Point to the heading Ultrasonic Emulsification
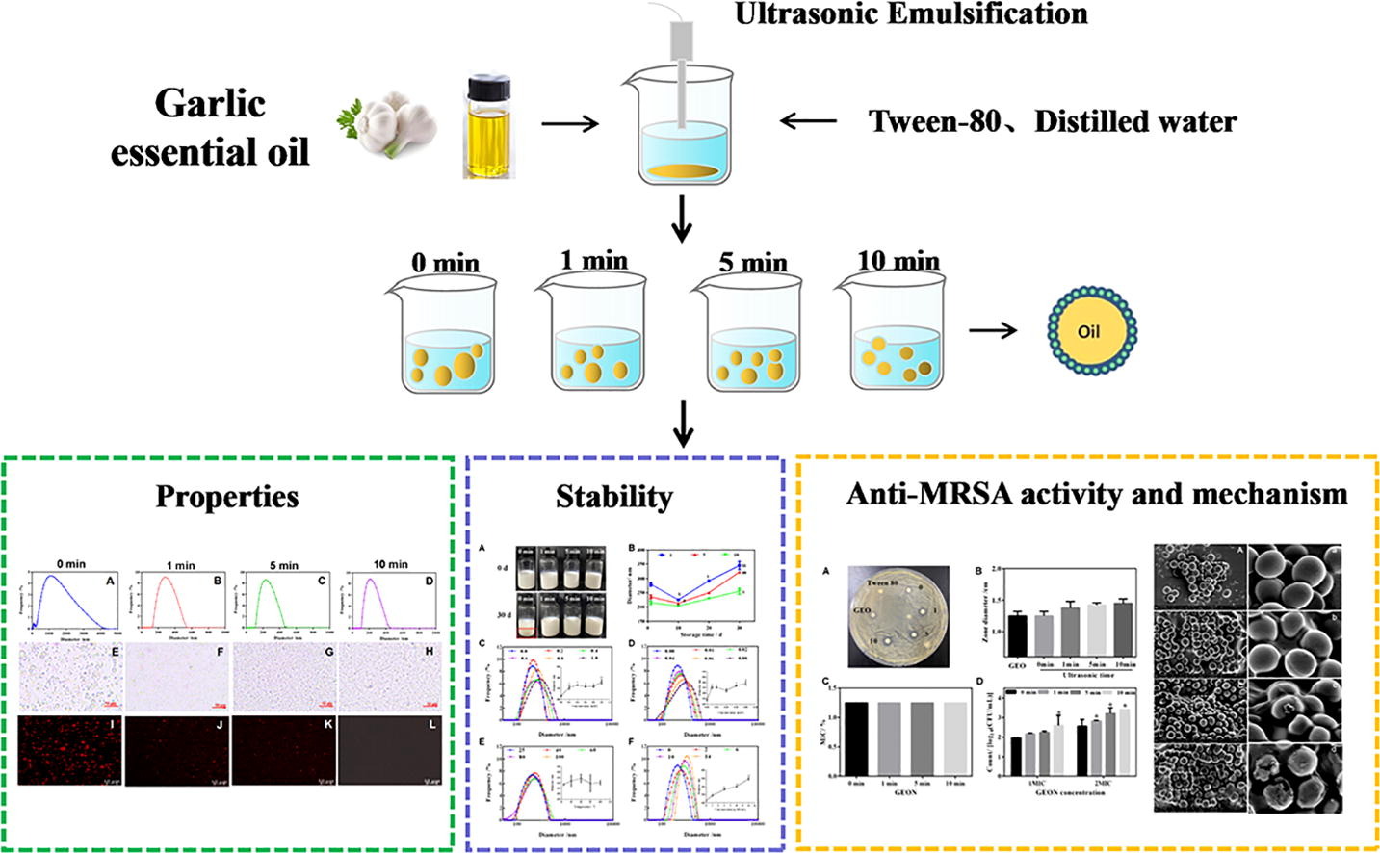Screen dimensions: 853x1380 [910, 14]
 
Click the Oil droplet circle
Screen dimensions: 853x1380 [1088, 331]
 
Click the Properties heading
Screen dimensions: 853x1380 [227, 497]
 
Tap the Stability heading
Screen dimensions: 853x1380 [613, 497]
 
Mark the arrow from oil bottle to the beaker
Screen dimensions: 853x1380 [570, 124]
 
